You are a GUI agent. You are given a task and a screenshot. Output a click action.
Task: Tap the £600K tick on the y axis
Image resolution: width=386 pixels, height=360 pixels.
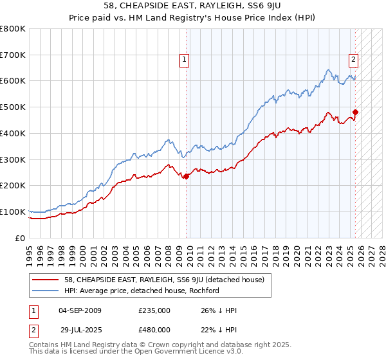click(x=13, y=81)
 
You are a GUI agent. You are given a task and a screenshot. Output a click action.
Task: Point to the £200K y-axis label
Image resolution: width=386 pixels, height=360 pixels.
click(x=13, y=185)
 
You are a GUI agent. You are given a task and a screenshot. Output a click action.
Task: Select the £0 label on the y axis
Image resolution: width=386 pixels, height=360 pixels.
click(x=21, y=238)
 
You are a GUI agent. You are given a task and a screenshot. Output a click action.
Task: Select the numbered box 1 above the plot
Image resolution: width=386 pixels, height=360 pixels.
click(x=184, y=60)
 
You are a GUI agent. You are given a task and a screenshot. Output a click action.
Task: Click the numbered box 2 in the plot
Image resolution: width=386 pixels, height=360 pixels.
click(x=354, y=60)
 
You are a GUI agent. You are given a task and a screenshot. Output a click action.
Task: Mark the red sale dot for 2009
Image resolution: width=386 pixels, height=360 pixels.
click(x=186, y=176)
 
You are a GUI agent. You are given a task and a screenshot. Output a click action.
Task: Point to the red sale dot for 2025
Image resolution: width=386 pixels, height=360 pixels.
click(x=355, y=112)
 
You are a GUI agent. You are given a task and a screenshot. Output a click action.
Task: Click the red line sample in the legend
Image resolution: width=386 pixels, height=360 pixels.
click(x=46, y=280)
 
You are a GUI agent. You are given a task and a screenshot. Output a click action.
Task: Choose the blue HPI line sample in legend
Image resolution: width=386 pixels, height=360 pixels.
click(x=46, y=291)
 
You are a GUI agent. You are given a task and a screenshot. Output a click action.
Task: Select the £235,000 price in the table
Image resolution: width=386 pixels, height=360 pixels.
click(x=154, y=310)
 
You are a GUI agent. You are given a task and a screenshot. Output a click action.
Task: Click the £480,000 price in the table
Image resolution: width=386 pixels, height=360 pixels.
click(x=154, y=329)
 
